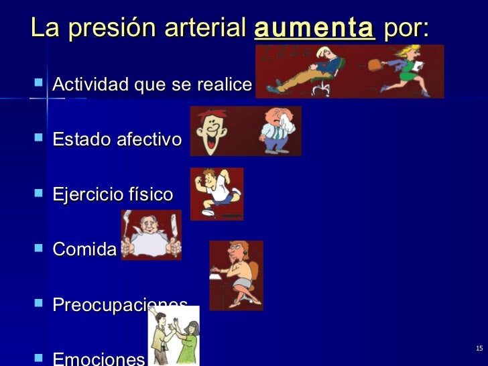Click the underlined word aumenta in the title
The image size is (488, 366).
tap(314, 28)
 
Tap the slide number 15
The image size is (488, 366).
tap(479, 348)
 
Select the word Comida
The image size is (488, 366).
tap(84, 250)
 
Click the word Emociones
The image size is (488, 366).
tap(99, 359)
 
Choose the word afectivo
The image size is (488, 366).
tap(149, 140)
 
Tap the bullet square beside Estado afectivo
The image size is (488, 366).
tap(37, 139)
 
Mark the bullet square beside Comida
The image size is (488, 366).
tap(37, 249)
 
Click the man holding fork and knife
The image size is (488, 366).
tap(151, 235)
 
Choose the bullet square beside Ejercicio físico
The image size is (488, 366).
tap(37, 194)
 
